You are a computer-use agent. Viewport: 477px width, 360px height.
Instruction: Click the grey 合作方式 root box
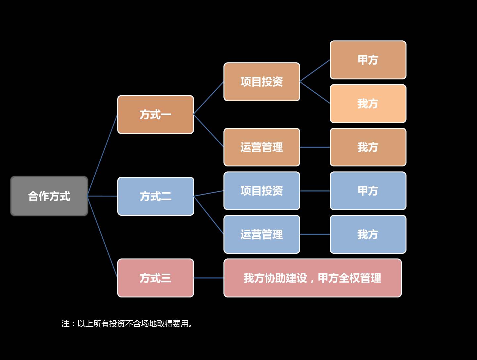click(49, 196)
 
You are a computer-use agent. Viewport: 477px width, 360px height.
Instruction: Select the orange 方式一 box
click(155, 114)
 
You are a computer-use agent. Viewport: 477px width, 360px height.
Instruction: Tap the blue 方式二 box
click(155, 196)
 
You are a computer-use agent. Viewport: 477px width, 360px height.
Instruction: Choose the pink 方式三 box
click(155, 278)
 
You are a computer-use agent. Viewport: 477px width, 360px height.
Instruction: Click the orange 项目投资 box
click(262, 82)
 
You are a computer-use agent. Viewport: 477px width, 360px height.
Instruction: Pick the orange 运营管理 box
click(262, 147)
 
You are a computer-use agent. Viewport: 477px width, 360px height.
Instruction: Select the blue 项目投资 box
click(262, 191)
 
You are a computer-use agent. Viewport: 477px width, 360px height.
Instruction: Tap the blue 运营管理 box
click(262, 234)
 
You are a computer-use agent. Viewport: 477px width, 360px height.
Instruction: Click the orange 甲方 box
click(368, 60)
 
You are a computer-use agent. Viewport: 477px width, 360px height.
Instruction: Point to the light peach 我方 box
click(368, 104)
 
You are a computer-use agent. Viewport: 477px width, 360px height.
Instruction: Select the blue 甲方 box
click(368, 191)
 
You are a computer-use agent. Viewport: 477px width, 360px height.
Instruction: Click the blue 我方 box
click(368, 234)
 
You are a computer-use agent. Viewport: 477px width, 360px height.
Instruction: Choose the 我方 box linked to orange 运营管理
click(368, 147)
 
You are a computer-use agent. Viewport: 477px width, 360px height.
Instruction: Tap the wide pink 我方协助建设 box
click(312, 278)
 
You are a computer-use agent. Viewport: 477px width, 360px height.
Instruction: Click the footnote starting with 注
click(127, 324)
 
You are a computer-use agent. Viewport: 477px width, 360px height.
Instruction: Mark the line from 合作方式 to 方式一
click(103, 155)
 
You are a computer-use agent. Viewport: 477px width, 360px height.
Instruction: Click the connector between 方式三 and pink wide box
click(209, 278)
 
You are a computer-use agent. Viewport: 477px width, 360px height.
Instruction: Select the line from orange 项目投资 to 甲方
click(315, 71)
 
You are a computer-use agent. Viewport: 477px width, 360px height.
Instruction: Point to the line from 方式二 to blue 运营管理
click(209, 215)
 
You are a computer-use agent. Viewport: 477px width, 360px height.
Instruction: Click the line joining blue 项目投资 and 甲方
click(315, 191)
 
